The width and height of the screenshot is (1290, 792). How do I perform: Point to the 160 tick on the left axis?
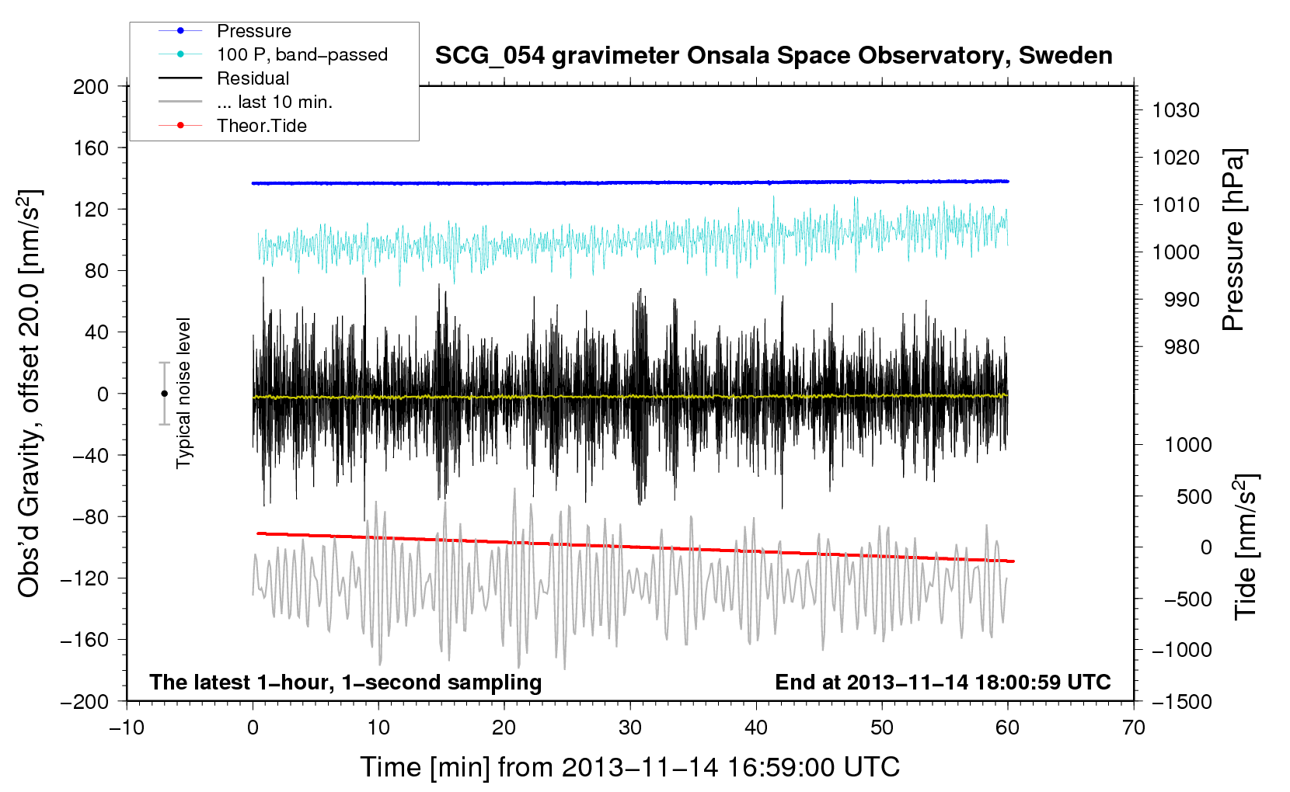(x=91, y=148)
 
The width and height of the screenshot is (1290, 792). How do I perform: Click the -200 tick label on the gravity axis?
(x=85, y=702)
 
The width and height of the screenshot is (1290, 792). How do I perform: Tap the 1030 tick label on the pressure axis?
(x=1176, y=110)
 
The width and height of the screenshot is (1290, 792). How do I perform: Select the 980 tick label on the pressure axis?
(x=1182, y=347)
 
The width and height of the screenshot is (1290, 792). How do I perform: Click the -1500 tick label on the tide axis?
(x=1182, y=702)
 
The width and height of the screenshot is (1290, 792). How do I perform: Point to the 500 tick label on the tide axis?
(x=1194, y=496)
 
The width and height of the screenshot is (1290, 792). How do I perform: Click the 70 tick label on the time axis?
(x=1134, y=728)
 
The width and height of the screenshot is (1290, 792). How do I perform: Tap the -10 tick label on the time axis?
(x=127, y=728)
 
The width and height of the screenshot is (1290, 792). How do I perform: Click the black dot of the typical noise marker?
(x=164, y=394)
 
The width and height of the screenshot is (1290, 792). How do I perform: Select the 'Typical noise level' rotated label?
(x=183, y=394)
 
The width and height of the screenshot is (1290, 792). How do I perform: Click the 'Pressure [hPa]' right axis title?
(x=1233, y=240)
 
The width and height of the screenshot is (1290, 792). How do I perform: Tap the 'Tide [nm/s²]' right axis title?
(x=1246, y=547)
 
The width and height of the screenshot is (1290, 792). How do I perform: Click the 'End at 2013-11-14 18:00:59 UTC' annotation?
(x=943, y=682)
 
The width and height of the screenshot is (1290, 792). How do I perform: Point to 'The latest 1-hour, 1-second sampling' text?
(x=346, y=683)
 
